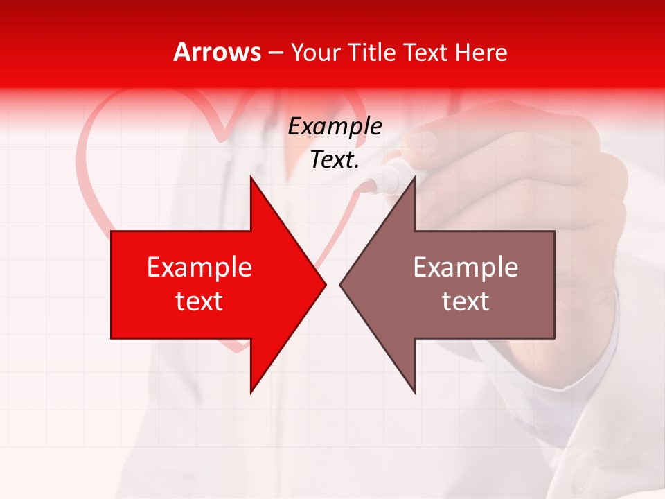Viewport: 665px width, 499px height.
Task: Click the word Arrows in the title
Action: [x=218, y=52]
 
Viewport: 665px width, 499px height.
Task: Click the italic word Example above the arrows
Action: [x=335, y=127]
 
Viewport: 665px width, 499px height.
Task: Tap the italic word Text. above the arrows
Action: [x=335, y=160]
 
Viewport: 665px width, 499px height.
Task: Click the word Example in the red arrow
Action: [x=199, y=268]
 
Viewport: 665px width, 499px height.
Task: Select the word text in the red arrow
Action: [x=199, y=301]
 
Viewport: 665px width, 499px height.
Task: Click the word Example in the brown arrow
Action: [x=465, y=268]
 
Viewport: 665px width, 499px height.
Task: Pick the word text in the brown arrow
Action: [x=465, y=301]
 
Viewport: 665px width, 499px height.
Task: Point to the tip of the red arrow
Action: [x=326, y=284]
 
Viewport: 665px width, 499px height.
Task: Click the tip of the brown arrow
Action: [x=340, y=284]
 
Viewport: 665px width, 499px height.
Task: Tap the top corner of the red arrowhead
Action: [x=251, y=177]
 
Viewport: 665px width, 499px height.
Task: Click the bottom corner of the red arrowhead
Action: [x=251, y=392]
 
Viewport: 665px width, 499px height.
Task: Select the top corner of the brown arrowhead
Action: [x=414, y=177]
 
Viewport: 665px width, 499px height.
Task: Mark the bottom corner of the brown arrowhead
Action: [x=414, y=392]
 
